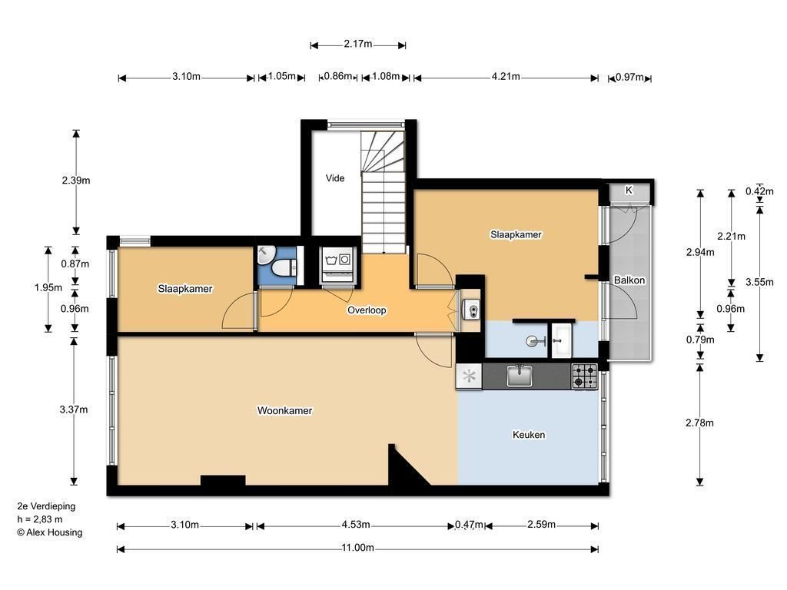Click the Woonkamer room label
point(284,410)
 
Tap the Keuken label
point(529,435)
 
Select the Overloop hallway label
point(367,310)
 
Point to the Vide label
point(335,178)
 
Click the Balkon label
point(629,280)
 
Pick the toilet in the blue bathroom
point(284,268)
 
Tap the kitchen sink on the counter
point(520,376)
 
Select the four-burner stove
point(585,376)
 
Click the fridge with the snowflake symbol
point(469,376)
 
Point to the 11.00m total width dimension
point(358,548)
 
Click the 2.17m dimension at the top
point(358,44)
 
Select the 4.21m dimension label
point(506,77)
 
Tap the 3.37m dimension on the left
point(74,409)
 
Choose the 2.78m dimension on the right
point(699,423)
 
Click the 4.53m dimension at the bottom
point(356,525)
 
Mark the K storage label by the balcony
point(629,191)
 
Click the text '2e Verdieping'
point(46,506)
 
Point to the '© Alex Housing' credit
point(50,532)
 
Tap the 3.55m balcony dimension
point(759,282)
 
